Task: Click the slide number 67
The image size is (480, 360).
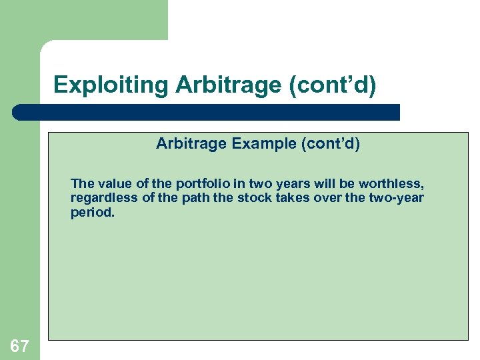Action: point(19,346)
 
